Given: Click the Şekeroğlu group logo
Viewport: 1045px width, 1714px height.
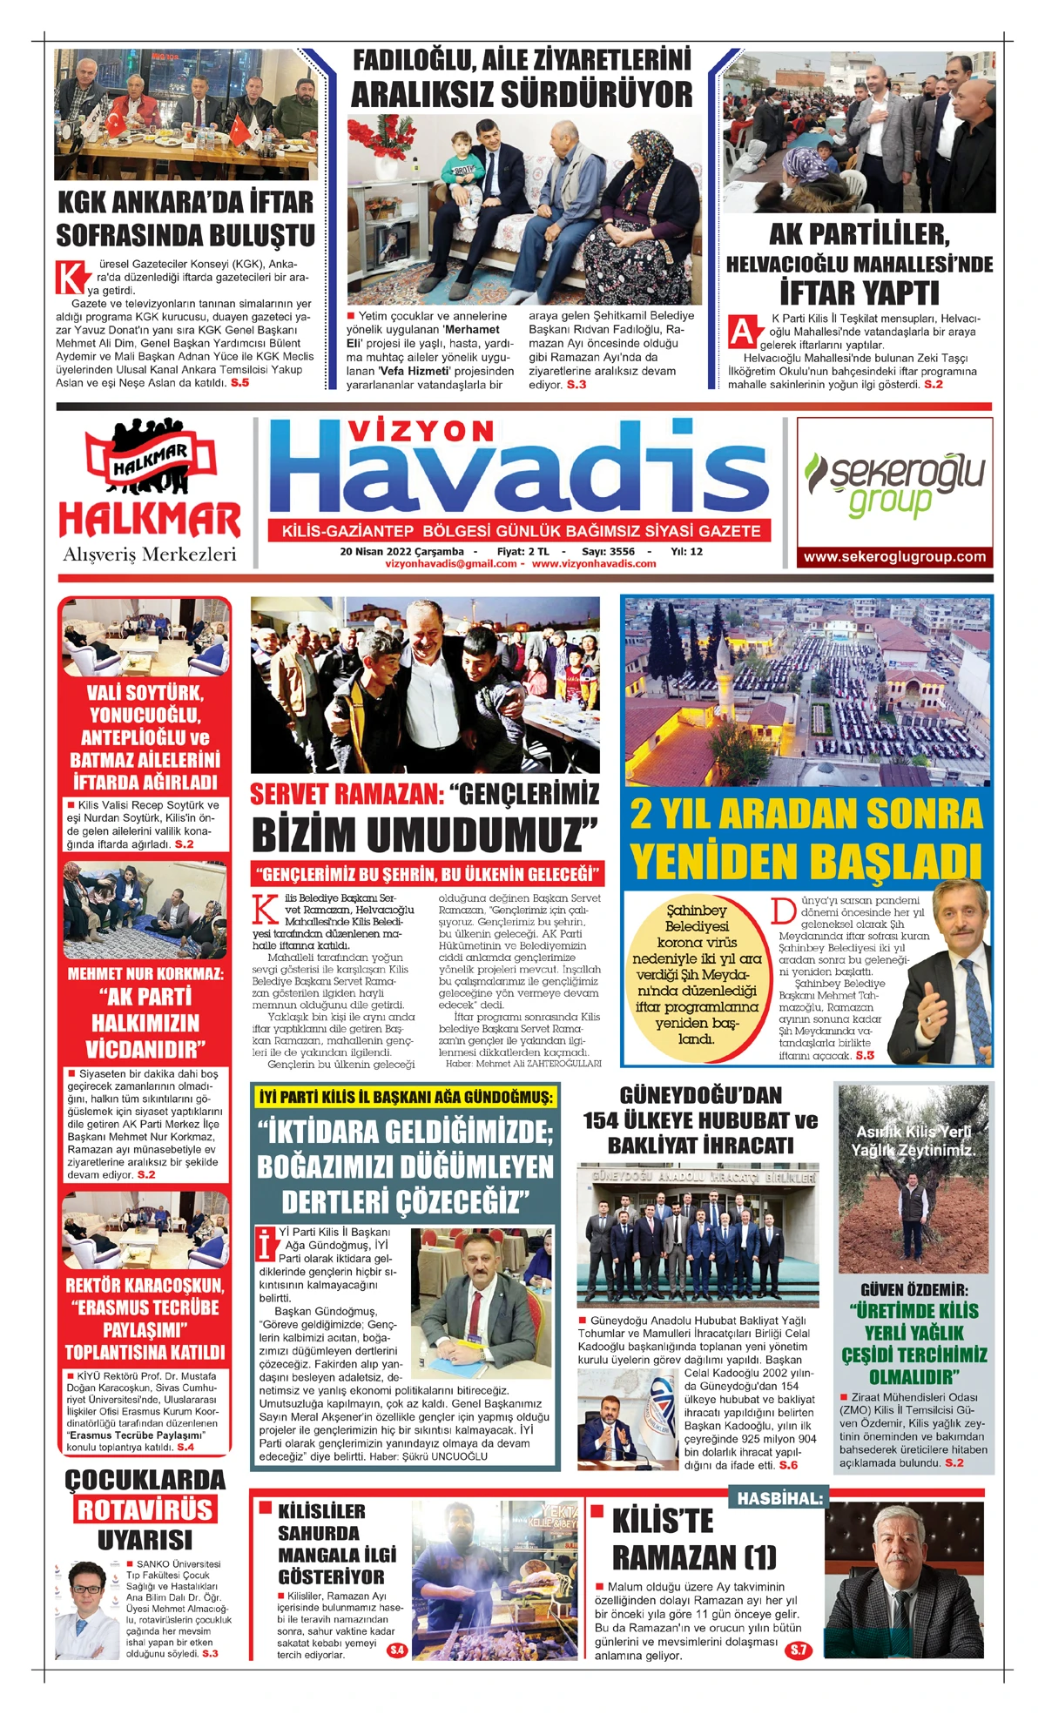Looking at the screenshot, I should click(894, 483).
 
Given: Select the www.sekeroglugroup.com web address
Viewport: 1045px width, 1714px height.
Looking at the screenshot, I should click(894, 557).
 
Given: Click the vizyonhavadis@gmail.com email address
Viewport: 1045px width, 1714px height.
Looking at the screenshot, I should click(451, 563).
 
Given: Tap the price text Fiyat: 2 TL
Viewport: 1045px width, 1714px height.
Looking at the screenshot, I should click(522, 551).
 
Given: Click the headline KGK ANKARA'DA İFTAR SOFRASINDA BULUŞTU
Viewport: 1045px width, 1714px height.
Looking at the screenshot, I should click(185, 218).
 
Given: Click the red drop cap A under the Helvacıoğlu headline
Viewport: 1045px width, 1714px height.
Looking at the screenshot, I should click(741, 332).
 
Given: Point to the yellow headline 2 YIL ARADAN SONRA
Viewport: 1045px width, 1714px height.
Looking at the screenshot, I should click(806, 814).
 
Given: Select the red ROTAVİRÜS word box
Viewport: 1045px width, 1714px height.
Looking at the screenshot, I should click(145, 1509).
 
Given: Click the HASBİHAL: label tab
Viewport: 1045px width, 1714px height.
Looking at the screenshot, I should click(779, 1498).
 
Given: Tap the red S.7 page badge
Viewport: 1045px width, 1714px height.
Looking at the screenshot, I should click(798, 1650).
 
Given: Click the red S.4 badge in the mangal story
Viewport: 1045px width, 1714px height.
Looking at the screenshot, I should click(397, 1650).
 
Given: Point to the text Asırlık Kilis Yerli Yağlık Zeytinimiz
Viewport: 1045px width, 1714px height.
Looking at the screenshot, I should click(914, 1140).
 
